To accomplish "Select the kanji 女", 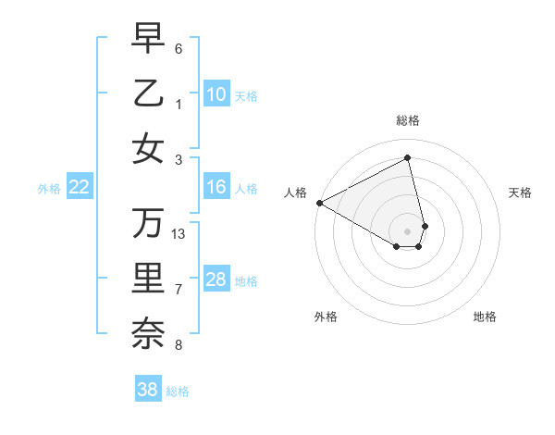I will [148, 148].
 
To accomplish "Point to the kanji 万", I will [148, 222].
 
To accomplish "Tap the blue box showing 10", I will [216, 94].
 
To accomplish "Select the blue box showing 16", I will [216, 187].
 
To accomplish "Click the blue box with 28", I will [216, 280].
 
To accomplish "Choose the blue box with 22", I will [80, 187].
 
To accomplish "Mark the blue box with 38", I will [148, 390].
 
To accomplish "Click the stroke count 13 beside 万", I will [179, 234].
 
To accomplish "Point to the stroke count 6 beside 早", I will [179, 47].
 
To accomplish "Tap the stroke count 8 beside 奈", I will [179, 346].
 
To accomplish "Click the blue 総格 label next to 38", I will [178, 391].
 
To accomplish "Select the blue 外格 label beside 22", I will [49, 189].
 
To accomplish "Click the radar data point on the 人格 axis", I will [318, 203].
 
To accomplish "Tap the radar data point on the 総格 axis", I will [408, 157].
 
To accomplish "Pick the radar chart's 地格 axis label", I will [485, 317].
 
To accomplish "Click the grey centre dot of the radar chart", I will [408, 230].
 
